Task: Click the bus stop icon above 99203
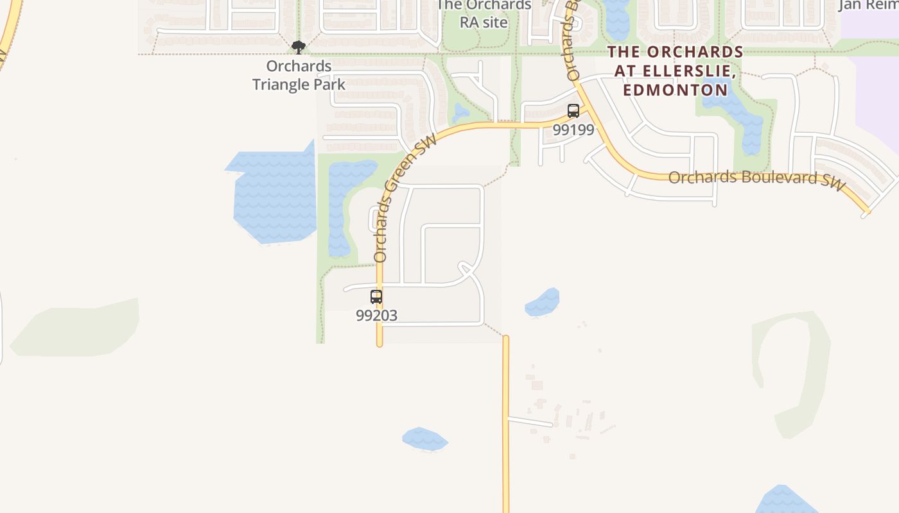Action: pyautogui.click(x=376, y=297)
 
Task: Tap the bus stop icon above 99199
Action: pyautogui.click(x=573, y=110)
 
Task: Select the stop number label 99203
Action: pyautogui.click(x=376, y=315)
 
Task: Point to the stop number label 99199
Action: pyautogui.click(x=573, y=130)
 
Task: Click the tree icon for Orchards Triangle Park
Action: pyautogui.click(x=298, y=47)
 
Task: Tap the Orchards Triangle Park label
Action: pyautogui.click(x=299, y=75)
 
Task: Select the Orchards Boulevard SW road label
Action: pyautogui.click(x=756, y=178)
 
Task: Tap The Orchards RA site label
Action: pyautogui.click(x=484, y=13)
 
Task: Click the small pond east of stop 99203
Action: pyautogui.click(x=543, y=303)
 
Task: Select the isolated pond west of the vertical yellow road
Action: pyautogui.click(x=424, y=440)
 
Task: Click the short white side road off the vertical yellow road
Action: pyautogui.click(x=530, y=421)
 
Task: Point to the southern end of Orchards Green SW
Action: pyautogui.click(x=380, y=342)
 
